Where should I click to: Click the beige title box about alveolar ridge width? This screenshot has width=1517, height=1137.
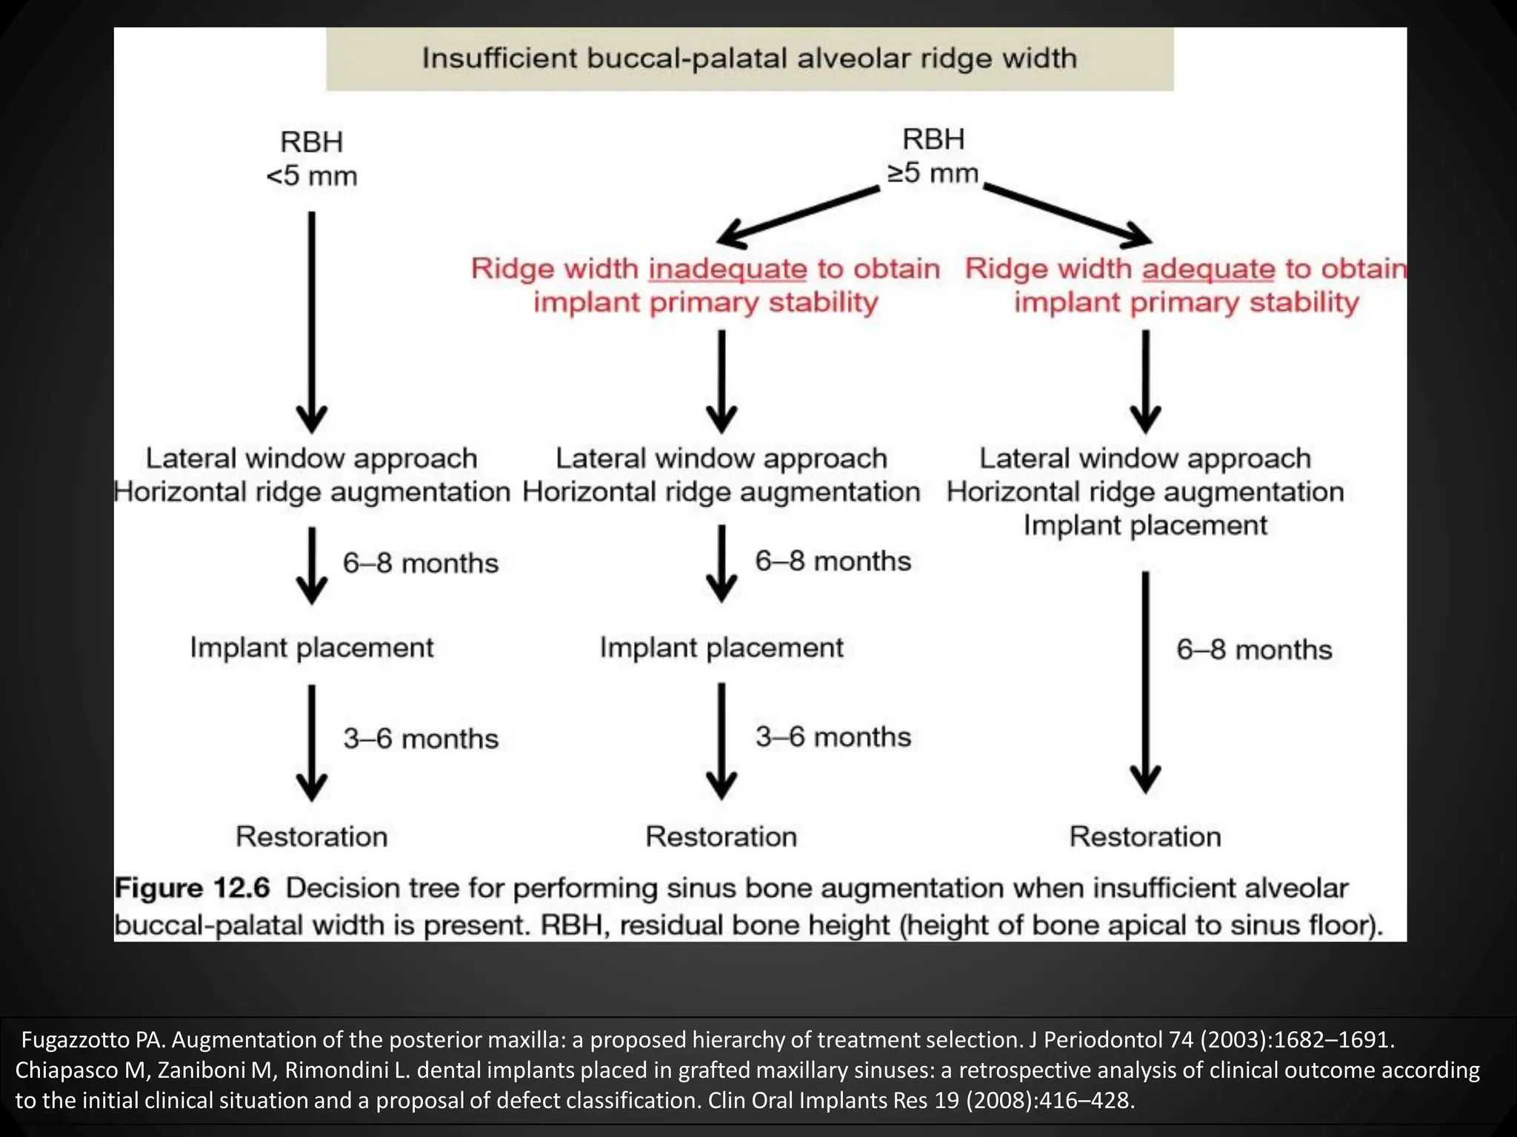[749, 59]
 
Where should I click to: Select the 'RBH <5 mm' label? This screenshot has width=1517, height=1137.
[312, 159]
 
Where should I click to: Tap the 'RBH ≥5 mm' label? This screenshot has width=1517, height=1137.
[933, 156]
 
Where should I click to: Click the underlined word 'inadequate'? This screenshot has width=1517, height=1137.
[727, 269]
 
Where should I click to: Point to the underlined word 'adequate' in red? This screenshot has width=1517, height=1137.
[1208, 269]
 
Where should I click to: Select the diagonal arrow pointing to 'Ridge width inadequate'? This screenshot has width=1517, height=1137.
[797, 216]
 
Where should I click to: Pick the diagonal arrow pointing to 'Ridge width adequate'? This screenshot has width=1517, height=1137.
[1067, 215]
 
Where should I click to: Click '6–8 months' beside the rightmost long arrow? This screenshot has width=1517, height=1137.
[1254, 650]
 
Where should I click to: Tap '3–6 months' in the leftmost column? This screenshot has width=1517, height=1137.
[421, 739]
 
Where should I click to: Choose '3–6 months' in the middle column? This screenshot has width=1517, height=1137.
[833, 737]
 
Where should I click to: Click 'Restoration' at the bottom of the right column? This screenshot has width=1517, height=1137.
[1145, 836]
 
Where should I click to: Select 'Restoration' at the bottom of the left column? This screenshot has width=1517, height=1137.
[312, 836]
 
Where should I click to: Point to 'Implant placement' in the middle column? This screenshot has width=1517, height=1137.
[721, 648]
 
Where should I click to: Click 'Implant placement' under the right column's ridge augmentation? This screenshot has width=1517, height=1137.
[1145, 526]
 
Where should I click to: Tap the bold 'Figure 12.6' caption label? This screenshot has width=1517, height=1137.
[192, 888]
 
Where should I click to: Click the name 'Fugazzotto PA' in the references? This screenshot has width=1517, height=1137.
[93, 1040]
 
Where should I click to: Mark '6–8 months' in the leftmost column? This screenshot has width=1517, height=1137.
[421, 563]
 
